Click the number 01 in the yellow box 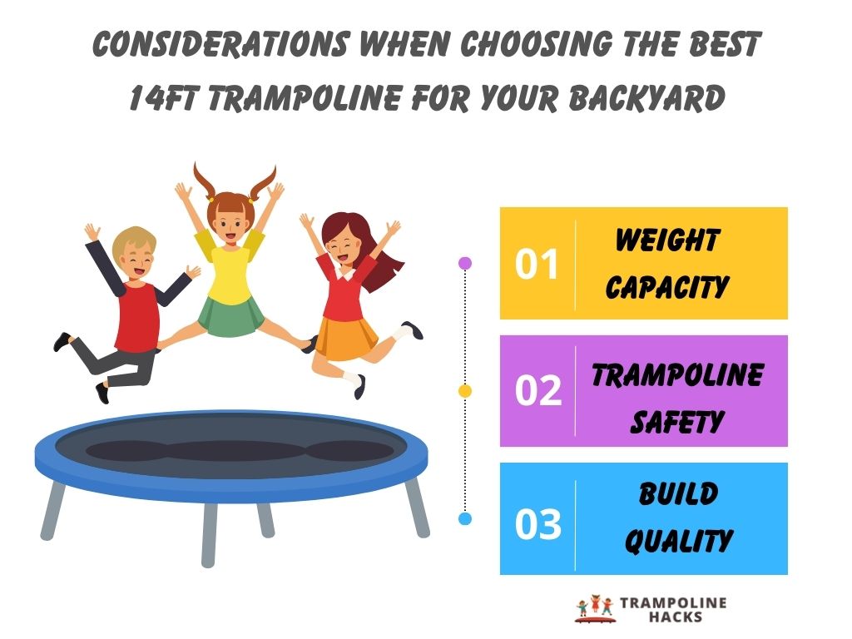pos(537,264)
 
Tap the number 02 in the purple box pos(537,391)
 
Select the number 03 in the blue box pos(537,525)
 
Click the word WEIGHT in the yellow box pos(666,240)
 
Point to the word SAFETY pos(676,423)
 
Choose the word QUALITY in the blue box pos(677,542)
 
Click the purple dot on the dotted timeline pos(465,263)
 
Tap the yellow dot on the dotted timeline pos(465,390)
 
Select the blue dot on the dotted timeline pos(465,518)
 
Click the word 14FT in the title pos(164,98)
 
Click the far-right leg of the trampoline pos(415,508)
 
